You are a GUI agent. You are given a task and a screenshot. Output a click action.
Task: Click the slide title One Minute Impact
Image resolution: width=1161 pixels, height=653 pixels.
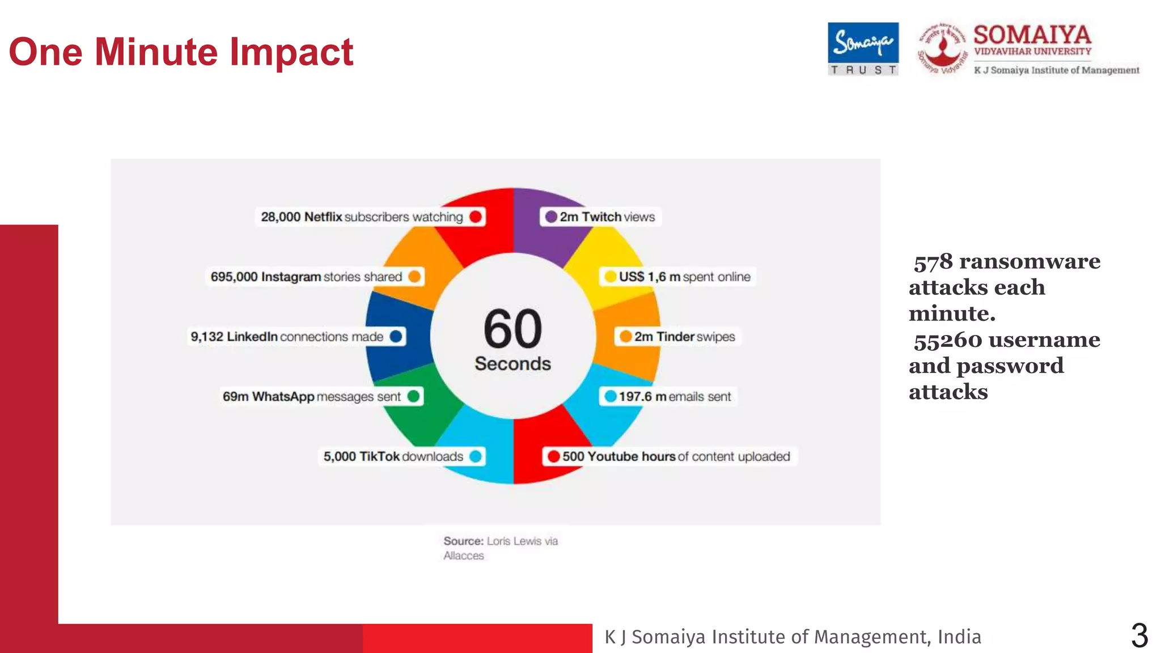point(181,52)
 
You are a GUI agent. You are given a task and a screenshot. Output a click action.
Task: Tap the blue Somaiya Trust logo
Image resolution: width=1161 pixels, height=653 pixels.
point(863,49)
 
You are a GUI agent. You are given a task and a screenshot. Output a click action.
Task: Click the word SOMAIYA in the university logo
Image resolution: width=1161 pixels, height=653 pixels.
point(1032,35)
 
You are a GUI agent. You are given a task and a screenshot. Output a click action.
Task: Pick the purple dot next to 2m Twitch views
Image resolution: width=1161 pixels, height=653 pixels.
point(550,217)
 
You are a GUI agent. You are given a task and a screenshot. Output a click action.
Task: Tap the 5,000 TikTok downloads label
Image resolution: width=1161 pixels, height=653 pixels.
point(393,456)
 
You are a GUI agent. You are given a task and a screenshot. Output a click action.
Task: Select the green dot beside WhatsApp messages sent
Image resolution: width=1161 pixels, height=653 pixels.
point(414,396)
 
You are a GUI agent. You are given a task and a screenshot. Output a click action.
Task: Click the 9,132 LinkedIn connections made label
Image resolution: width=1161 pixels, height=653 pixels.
point(288,337)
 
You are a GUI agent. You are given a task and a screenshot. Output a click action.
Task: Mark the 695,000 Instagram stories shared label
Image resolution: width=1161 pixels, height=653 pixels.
point(307,277)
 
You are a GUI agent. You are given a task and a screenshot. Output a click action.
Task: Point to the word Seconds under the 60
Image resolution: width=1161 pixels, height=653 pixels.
point(513,363)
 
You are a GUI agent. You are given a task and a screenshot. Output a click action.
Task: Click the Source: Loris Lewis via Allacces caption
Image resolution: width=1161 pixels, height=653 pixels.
point(499,548)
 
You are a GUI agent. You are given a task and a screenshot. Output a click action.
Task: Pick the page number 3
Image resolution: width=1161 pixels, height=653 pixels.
point(1139,635)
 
